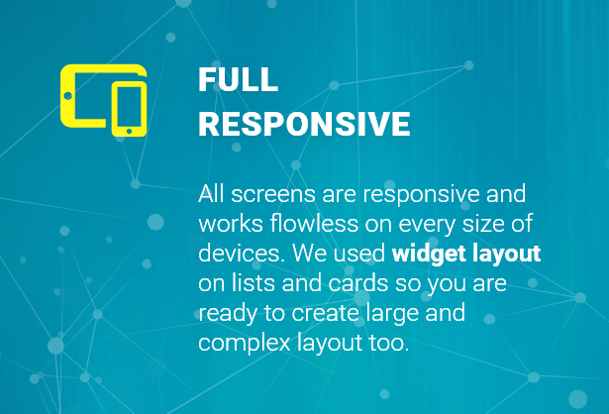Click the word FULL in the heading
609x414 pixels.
(x=238, y=79)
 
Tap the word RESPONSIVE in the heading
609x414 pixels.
(x=305, y=124)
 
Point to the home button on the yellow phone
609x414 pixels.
(x=129, y=132)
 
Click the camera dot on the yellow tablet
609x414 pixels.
(x=67, y=95)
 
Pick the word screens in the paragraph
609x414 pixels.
(x=273, y=195)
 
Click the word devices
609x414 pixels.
(x=242, y=254)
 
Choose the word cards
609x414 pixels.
(x=358, y=282)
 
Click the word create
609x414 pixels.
(x=325, y=313)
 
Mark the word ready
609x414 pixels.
(x=228, y=314)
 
